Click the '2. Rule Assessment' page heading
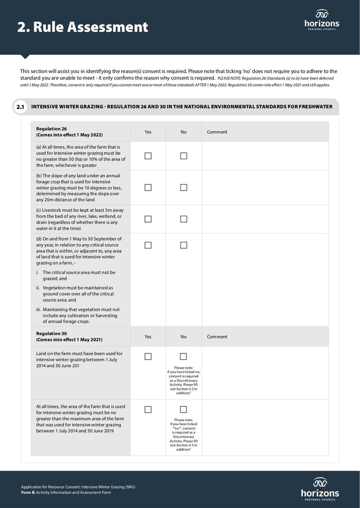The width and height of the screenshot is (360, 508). [83, 27]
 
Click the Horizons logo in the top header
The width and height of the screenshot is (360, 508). [322, 19]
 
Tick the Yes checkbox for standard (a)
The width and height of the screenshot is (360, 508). [148, 156]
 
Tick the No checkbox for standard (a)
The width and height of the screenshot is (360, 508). [184, 156]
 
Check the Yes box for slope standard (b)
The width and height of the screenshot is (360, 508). [148, 187]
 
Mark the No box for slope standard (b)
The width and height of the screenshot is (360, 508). [184, 187]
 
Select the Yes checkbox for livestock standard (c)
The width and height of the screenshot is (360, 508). [148, 219]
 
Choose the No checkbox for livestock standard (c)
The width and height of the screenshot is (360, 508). [184, 219]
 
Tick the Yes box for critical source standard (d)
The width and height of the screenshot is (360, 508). [148, 245]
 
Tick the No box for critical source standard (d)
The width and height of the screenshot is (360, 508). [184, 245]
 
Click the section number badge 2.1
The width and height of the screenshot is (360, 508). [20, 107]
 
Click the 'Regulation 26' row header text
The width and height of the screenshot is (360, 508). [51, 129]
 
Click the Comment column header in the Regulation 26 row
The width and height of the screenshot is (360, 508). [217, 132]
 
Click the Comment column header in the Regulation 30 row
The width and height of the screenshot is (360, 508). [217, 337]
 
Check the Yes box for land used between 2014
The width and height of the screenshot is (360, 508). [148, 356]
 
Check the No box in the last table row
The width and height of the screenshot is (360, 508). [184, 410]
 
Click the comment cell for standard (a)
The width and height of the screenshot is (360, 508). [265, 156]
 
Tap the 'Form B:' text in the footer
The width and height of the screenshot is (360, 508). [28, 492]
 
